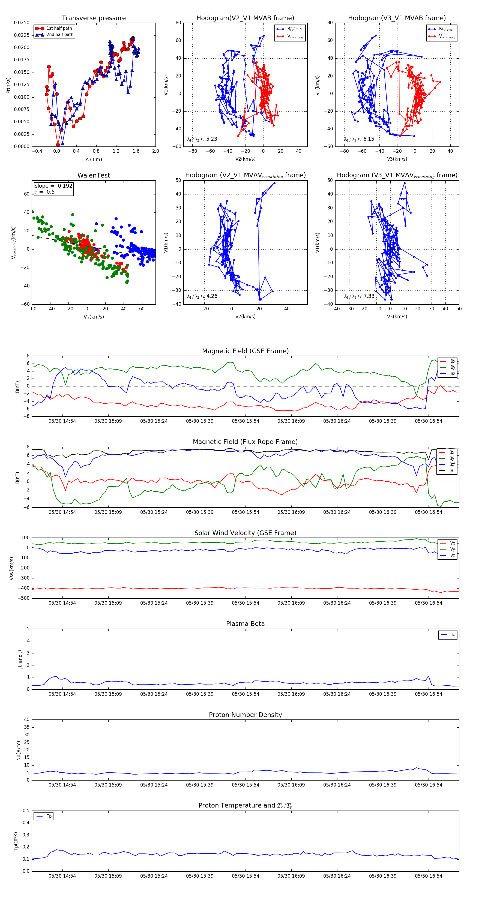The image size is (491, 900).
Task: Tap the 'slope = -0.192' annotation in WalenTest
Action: pos(53,186)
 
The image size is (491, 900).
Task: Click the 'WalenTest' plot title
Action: pos(94,175)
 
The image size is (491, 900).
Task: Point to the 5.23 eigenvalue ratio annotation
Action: pos(202,139)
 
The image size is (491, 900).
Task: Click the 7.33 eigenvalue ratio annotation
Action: pos(359,296)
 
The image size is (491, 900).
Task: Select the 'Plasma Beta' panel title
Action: pos(245,624)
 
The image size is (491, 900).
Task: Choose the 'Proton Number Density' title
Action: pos(245,715)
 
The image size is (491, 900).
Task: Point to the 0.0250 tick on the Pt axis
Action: pos(22,23)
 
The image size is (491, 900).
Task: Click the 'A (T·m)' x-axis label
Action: pos(94,159)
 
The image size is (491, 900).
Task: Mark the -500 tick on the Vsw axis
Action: pos(23,598)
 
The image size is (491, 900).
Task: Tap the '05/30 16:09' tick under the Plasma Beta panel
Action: pos(291,694)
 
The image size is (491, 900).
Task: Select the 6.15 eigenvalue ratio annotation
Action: pos(359,139)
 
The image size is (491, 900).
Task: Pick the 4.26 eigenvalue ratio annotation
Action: pos(202,296)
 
